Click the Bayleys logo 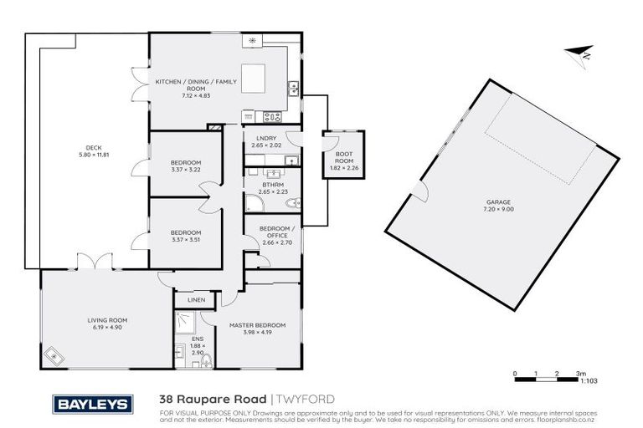93,404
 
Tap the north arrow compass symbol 579,54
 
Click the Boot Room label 344,157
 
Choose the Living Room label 107,319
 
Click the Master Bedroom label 257,324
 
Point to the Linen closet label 196,299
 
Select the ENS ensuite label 198,339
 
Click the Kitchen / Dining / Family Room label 196,84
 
